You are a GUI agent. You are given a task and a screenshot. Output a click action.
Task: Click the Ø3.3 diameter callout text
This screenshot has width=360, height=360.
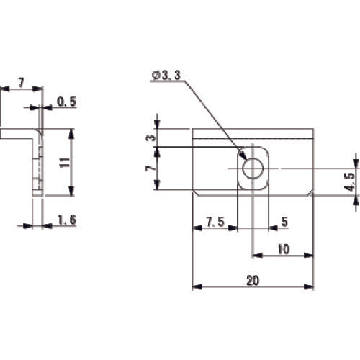(x=167, y=73)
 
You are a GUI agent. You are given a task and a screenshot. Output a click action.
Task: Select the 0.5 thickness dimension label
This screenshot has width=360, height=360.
(x=66, y=103)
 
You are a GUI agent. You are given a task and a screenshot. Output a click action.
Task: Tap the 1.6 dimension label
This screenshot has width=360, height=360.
(x=66, y=220)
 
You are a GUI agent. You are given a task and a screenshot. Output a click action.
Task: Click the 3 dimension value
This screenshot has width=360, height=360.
(x=149, y=137)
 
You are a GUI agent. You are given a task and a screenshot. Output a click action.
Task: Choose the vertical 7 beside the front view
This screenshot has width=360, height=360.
(x=149, y=168)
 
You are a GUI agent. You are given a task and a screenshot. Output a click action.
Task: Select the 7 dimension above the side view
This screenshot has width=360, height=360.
(x=21, y=84)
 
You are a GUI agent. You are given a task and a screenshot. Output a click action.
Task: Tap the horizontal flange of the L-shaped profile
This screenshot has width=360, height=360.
(x=18, y=133)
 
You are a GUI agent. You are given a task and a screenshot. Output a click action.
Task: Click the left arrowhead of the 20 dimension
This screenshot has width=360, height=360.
(x=195, y=287)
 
